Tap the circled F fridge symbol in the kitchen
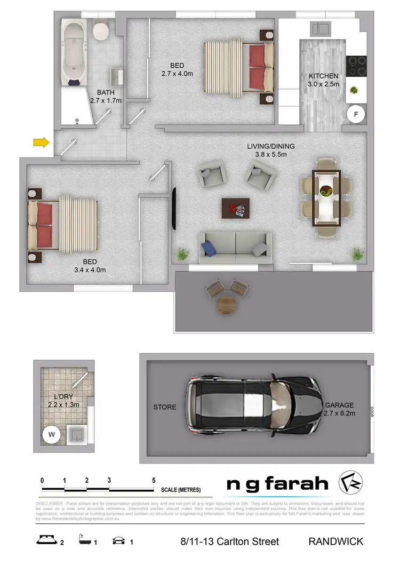pos(356,114)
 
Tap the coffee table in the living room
pos(235,208)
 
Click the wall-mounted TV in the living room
pos(173,208)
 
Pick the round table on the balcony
pos(226,305)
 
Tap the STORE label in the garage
pos(165,407)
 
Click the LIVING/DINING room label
pos(270,146)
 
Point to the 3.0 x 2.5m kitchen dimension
pos(323,84)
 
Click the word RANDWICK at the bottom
pos(335,541)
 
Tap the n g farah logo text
pos(277,484)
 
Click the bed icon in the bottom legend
pos(47,541)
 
